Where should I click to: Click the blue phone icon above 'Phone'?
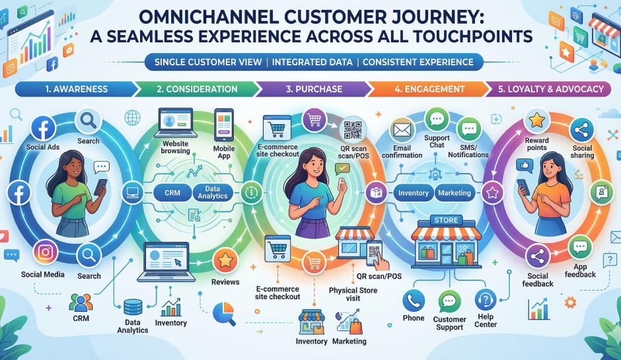point(414,301)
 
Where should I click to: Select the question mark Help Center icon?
point(486,301)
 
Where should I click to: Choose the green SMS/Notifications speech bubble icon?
point(469,128)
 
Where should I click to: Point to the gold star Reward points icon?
point(536,120)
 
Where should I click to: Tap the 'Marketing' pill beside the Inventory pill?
point(455,193)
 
